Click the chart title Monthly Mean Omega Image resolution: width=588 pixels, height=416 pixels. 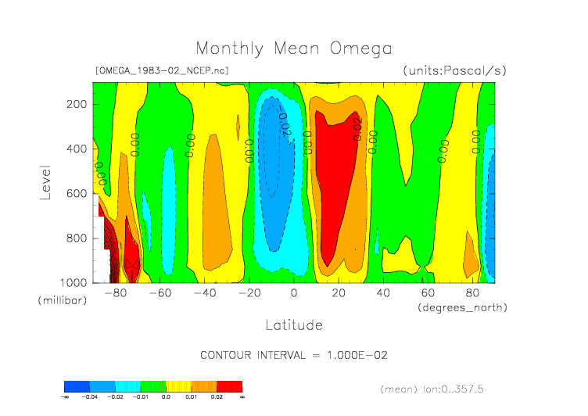coord(293,48)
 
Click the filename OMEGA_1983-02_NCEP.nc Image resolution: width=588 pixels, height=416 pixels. coord(161,71)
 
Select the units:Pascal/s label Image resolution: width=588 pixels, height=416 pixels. coord(454,71)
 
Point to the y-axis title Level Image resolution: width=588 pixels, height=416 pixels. coord(45,181)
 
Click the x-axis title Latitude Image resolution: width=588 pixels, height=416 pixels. coord(293,325)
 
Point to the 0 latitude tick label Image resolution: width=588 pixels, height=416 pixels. coord(294,293)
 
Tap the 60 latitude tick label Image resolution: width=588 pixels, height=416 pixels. coord(428,293)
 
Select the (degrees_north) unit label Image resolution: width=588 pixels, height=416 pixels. coord(462,307)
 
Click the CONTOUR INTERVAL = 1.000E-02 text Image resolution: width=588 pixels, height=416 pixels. coord(294,355)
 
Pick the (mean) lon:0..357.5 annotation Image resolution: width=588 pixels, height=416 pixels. coord(443,388)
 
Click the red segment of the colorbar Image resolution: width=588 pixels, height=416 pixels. coord(229,386)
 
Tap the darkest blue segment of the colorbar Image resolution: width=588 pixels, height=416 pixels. coord(76,386)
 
